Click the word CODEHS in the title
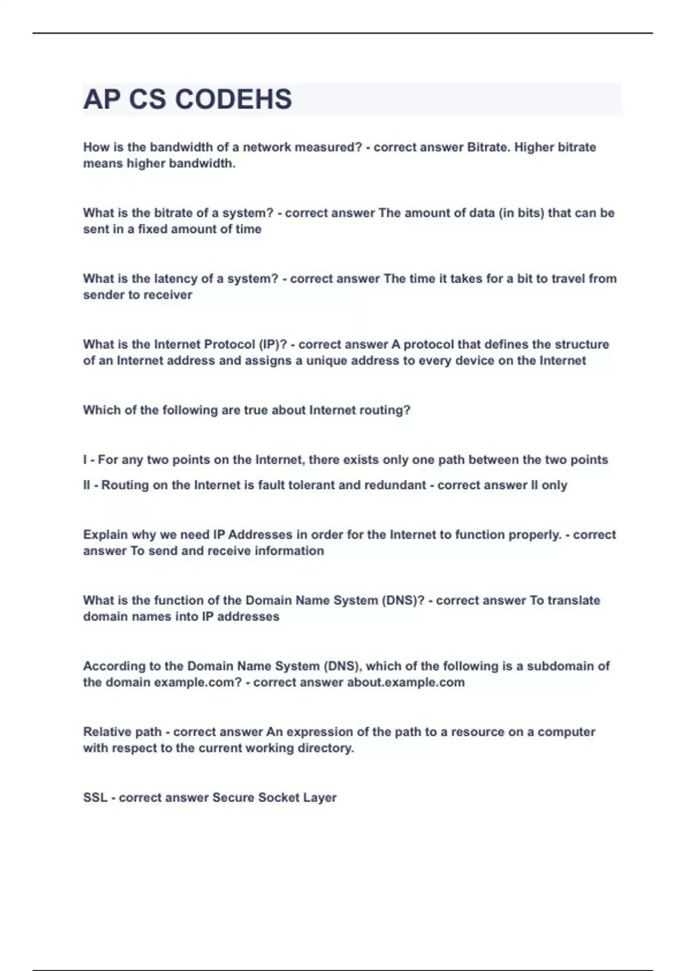(x=233, y=99)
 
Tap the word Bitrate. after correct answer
(x=488, y=147)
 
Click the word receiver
(x=170, y=295)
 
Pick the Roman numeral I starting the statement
(x=85, y=460)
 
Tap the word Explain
(x=105, y=535)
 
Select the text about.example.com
(x=405, y=682)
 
